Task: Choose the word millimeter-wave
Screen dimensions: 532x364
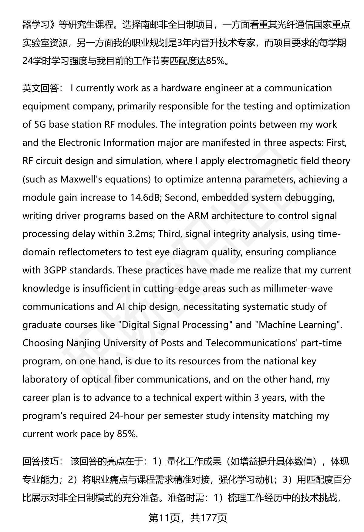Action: click(298, 288)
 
